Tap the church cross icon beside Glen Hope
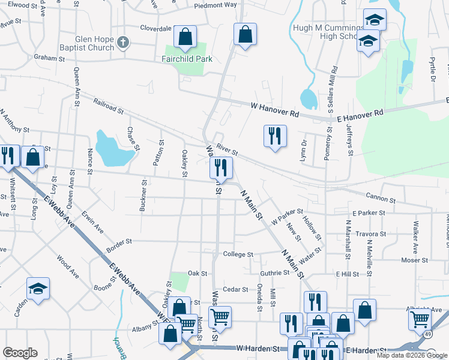[x=123, y=41]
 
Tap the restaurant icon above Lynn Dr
[x=275, y=136]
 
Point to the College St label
[x=238, y=254]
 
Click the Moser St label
[x=415, y=260]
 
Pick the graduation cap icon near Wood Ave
[x=38, y=289]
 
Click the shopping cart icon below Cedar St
[x=221, y=316]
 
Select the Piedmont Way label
[x=215, y=5]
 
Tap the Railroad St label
[x=108, y=106]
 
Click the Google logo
[x=20, y=353]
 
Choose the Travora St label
[x=369, y=234]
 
